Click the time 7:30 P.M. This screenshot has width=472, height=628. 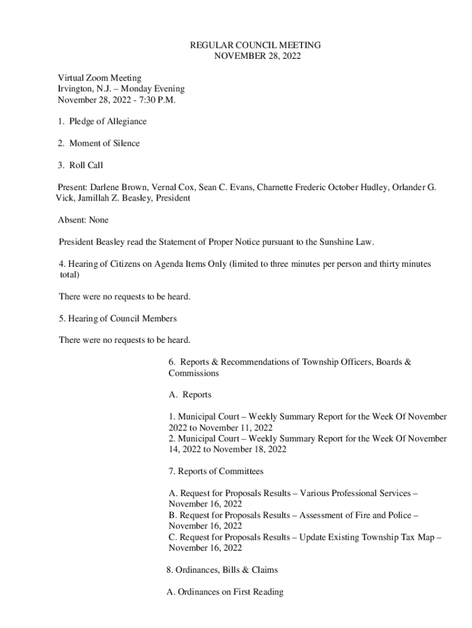point(159,100)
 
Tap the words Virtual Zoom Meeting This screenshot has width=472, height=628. point(99,78)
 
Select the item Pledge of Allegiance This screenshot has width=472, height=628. point(107,121)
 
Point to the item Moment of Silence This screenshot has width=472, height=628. point(104,144)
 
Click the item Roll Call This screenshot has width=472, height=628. point(86,166)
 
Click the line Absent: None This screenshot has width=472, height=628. point(83,220)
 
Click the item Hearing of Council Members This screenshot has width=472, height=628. point(123,319)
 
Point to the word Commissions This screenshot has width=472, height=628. point(194,373)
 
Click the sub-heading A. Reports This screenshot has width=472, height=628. point(190,395)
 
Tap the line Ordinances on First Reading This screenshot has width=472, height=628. point(225,592)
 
